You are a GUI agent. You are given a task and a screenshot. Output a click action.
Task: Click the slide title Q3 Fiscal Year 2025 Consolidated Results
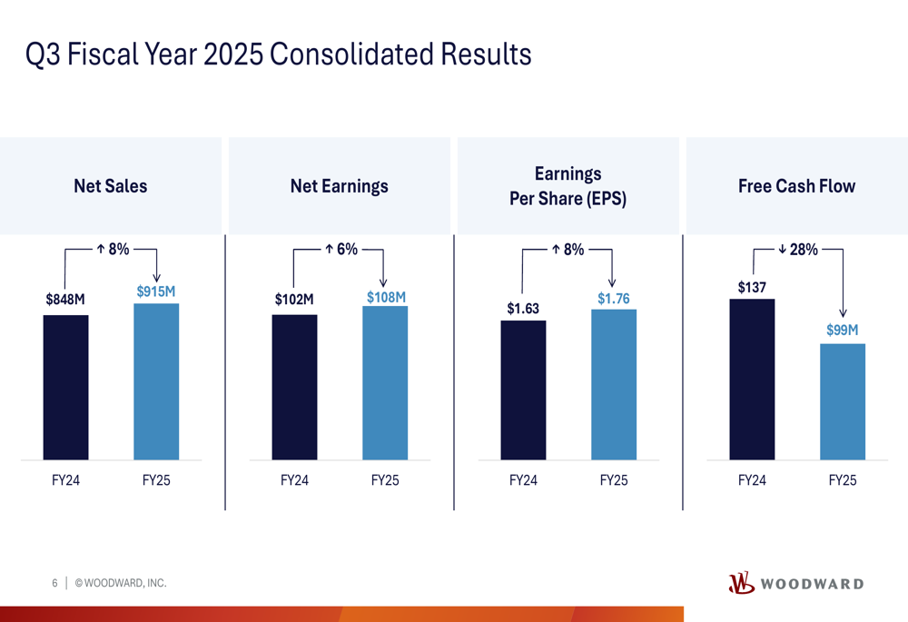[x=278, y=54]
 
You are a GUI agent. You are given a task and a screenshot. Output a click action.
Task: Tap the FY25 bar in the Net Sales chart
[x=156, y=381]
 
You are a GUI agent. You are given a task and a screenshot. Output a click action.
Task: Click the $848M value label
[x=65, y=300]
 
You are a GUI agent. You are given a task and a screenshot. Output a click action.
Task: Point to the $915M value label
[x=156, y=291]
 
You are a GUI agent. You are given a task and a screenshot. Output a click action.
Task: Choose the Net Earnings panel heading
[x=339, y=186]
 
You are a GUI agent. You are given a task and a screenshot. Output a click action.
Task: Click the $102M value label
[x=294, y=300]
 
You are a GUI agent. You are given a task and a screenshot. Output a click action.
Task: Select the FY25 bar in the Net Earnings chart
[x=385, y=383]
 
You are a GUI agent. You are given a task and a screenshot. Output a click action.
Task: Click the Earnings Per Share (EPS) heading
[x=567, y=186]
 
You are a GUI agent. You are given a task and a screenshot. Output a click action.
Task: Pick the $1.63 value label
[x=523, y=309]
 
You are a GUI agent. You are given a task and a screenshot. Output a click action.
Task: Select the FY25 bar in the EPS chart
[x=614, y=385]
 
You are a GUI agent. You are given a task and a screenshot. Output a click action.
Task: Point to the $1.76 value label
[x=614, y=299]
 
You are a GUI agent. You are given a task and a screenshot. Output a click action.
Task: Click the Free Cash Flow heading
[x=796, y=186]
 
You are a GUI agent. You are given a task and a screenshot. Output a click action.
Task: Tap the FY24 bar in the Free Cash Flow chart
[x=752, y=379]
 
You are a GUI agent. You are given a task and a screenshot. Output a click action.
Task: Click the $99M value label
[x=843, y=331]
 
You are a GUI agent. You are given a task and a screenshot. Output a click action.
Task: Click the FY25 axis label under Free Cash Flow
[x=843, y=480]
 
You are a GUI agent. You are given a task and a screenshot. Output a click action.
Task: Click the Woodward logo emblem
[x=741, y=583]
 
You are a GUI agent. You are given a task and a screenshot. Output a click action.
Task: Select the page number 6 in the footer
[x=54, y=583]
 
